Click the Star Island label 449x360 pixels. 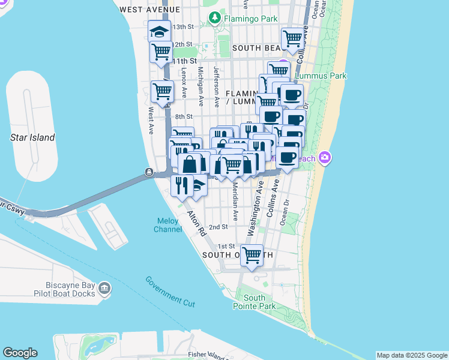click(x=32, y=137)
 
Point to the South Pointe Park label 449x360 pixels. click(x=255, y=302)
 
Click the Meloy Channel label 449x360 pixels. click(x=168, y=225)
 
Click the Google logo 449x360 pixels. click(x=20, y=353)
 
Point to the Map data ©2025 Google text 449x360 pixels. click(x=411, y=355)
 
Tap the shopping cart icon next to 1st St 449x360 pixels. click(x=252, y=254)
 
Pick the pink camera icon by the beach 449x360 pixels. click(x=325, y=158)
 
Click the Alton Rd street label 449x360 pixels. click(x=196, y=223)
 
